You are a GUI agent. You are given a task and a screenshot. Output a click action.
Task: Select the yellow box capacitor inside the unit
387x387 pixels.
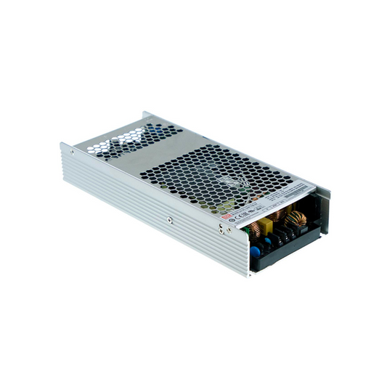tap(266, 226)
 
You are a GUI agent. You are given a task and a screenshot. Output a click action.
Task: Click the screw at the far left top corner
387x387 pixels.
tap(71, 152)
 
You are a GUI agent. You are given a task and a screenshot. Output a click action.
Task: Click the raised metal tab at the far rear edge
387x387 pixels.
tap(146, 114)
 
